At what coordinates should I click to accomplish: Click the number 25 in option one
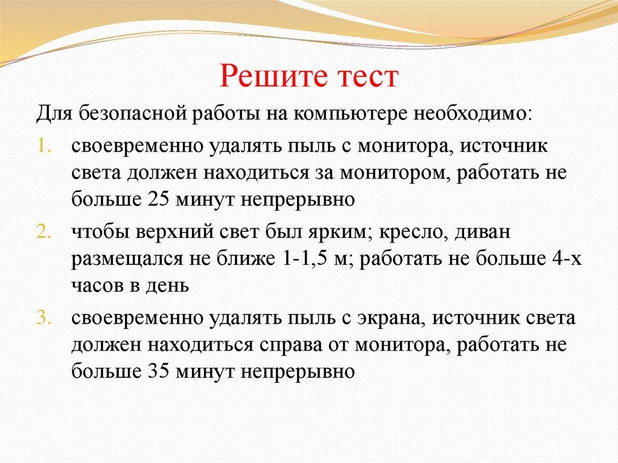coord(158,200)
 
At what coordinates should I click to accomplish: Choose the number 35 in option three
coord(158,371)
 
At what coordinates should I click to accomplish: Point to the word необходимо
coord(473,114)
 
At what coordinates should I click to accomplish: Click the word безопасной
coord(134,114)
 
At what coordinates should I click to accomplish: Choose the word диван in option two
coord(482,232)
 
